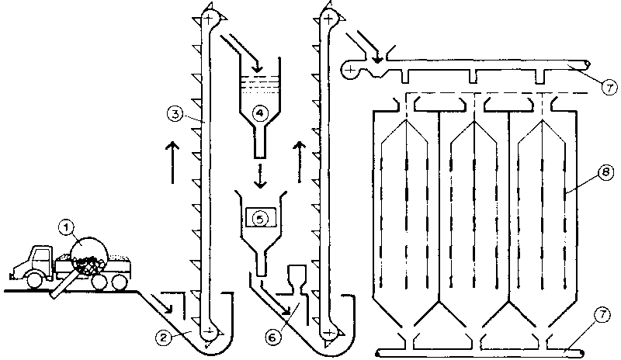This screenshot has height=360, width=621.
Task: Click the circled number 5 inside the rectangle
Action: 262,218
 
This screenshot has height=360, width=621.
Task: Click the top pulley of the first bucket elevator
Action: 208,16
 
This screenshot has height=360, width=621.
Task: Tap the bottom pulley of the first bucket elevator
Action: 208,333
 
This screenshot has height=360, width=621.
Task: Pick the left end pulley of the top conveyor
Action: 352,70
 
